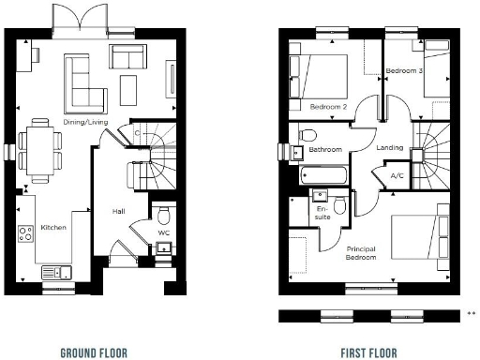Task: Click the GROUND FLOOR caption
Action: click(93, 352)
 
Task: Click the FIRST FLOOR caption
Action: click(368, 352)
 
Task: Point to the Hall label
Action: click(119, 212)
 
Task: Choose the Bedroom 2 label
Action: click(329, 106)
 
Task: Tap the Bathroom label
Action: click(324, 150)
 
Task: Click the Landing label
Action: click(390, 147)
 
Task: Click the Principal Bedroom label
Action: click(361, 252)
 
